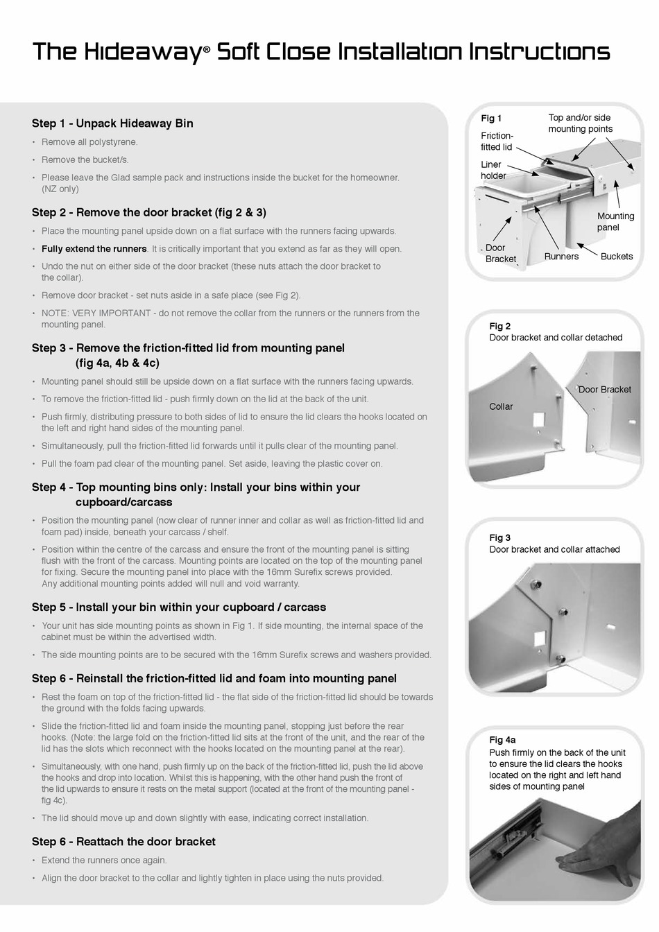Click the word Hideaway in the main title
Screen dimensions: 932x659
point(142,52)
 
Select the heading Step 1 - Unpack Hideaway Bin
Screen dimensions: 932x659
point(112,123)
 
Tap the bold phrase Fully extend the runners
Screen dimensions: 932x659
point(94,249)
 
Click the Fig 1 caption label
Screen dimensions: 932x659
point(491,119)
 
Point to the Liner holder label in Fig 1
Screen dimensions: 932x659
point(493,170)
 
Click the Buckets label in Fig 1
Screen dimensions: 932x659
point(616,257)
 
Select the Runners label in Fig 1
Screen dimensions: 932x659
point(561,257)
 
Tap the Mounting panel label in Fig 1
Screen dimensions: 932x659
point(615,222)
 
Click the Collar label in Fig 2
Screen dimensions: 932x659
point(501,406)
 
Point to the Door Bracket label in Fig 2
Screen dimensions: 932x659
point(604,390)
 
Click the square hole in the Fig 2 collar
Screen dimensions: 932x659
point(539,420)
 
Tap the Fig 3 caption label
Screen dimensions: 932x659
point(499,537)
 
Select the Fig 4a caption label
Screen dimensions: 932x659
point(502,740)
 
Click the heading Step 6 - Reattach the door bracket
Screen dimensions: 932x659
point(123,842)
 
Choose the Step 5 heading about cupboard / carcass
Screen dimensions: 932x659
point(178,607)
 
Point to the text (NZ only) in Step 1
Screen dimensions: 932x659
point(60,189)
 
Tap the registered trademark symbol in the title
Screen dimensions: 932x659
point(206,59)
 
